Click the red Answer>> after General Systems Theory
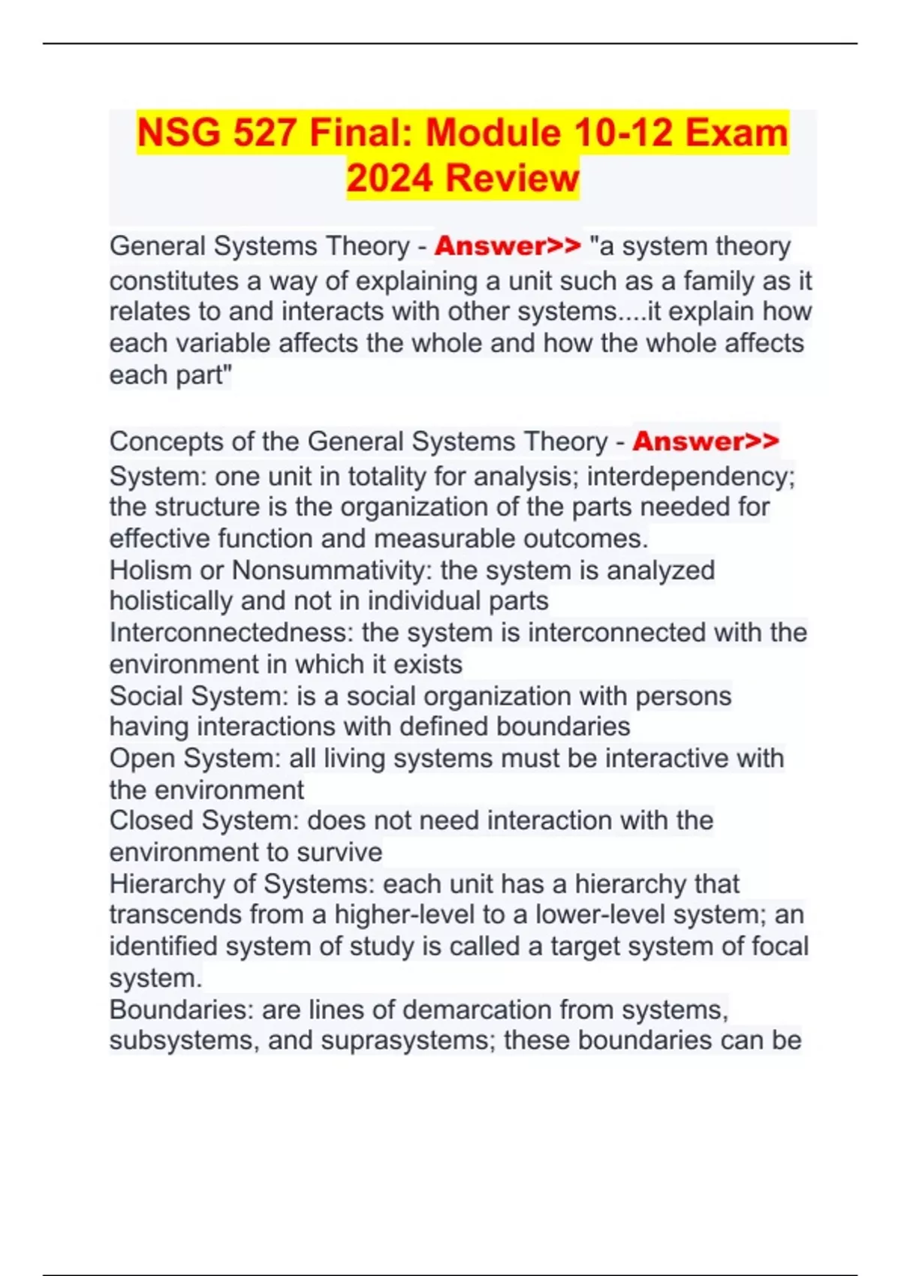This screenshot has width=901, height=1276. coord(508,246)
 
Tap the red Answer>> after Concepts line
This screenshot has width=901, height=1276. coord(706,441)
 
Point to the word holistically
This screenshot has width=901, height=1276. coord(171,601)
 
